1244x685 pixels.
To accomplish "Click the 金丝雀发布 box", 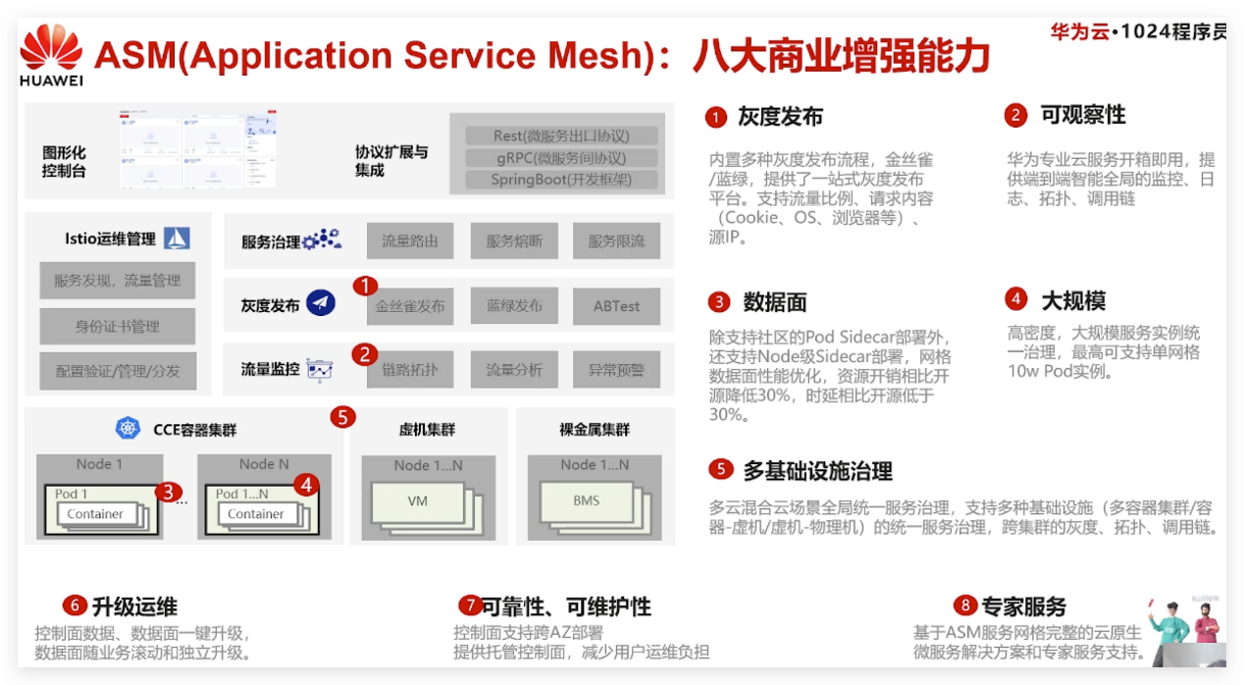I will tap(410, 306).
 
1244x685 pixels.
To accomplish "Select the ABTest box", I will tap(616, 306).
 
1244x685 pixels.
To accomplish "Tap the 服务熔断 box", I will tap(514, 240).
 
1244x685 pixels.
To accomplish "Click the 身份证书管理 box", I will tap(117, 326).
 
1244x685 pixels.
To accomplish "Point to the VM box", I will tap(418, 501).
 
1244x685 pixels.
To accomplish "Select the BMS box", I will tap(586, 501).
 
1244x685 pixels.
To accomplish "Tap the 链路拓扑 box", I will tap(410, 370).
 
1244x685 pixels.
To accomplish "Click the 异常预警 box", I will tap(616, 370).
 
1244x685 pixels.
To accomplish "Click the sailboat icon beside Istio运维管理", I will tap(177, 237).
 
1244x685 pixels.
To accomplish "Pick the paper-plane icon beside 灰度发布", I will tap(321, 304).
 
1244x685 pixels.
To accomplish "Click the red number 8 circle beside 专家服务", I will tap(966, 606).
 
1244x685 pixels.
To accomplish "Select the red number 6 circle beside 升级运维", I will tap(75, 606).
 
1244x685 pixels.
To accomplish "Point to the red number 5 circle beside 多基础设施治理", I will tap(721, 469).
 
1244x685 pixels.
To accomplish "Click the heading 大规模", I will tap(1073, 300).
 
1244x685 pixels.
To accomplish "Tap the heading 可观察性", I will tap(1083, 115).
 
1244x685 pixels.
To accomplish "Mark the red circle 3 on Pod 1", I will tap(168, 491).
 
